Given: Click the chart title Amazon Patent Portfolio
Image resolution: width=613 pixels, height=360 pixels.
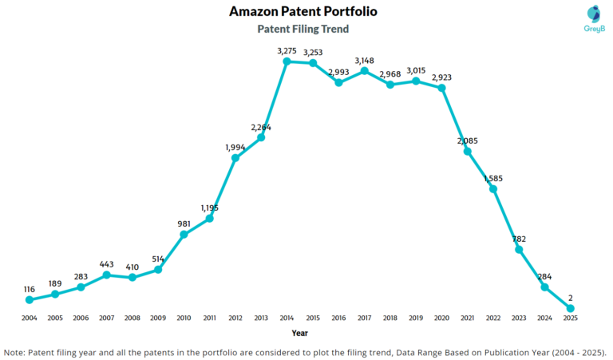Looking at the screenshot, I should [x=303, y=11].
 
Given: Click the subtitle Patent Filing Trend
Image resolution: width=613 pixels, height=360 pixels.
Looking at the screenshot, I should [x=303, y=29].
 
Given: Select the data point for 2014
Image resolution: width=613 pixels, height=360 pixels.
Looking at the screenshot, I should [x=287, y=61].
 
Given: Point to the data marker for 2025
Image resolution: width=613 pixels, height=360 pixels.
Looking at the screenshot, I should [x=571, y=308].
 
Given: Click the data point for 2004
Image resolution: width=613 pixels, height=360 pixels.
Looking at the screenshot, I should [x=30, y=299].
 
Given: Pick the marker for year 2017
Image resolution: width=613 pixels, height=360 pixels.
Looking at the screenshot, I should [x=365, y=70].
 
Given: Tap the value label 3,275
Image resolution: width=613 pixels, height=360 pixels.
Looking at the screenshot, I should [x=287, y=50].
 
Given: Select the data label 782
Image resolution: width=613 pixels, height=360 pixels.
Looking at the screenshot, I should [x=519, y=239].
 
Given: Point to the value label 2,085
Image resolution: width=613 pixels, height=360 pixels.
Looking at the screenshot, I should [x=468, y=140].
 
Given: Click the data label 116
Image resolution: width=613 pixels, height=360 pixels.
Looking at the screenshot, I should [x=30, y=288].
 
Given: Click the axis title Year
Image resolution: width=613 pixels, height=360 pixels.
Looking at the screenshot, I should [x=300, y=333].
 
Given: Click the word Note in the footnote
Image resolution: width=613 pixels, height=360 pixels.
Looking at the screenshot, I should [x=15, y=350].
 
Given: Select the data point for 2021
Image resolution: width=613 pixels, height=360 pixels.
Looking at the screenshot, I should [x=468, y=151].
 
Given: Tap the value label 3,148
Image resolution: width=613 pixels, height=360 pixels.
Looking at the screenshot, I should [x=365, y=60].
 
